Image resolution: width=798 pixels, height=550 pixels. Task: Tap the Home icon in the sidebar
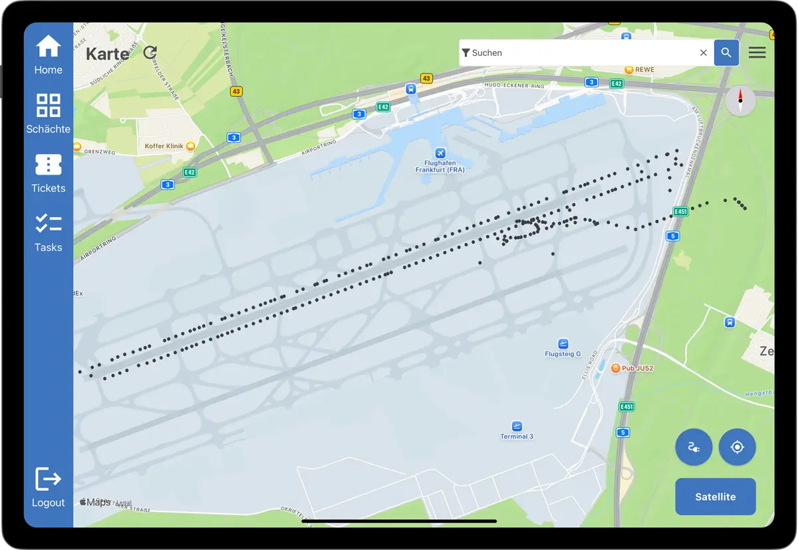click(x=49, y=47)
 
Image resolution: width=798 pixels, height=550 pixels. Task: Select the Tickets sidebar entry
click(x=49, y=165)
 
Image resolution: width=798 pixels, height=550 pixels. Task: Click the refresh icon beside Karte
click(x=150, y=52)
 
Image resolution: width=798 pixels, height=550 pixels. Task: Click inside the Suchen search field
click(x=579, y=52)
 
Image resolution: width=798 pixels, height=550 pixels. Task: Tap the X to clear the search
click(x=703, y=52)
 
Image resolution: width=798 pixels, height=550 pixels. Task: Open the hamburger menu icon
click(x=757, y=52)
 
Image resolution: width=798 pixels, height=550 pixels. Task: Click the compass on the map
click(x=740, y=101)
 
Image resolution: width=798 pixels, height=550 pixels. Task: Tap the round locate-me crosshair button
click(x=737, y=447)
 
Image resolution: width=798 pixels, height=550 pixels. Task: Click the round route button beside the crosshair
click(x=694, y=447)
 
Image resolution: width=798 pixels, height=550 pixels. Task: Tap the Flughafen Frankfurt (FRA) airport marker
click(x=440, y=153)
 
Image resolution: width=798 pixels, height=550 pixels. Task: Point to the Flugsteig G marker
click(x=563, y=343)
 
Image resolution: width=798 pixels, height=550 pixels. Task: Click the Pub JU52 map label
click(x=637, y=368)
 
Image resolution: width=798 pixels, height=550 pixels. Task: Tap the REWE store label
click(x=644, y=69)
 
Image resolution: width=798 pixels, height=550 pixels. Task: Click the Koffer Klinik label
click(x=164, y=145)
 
